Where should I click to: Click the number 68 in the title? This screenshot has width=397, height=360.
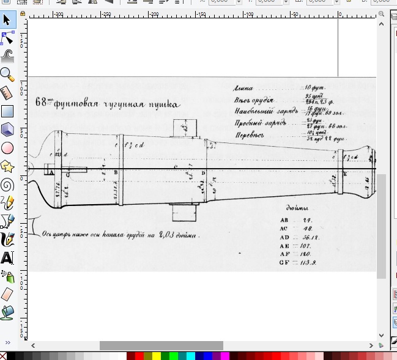41,102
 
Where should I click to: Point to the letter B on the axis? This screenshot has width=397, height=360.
116,173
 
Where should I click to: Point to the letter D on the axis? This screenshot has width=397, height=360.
204,174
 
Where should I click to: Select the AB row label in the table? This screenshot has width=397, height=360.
283,219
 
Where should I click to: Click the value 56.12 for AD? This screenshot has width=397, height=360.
313,237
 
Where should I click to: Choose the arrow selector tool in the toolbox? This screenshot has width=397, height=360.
7,20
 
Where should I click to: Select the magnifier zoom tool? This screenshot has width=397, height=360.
7,74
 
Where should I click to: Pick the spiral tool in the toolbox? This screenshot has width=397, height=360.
7,184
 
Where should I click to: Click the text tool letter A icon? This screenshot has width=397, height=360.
7,257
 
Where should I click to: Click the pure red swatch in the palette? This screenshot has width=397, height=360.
140,356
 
